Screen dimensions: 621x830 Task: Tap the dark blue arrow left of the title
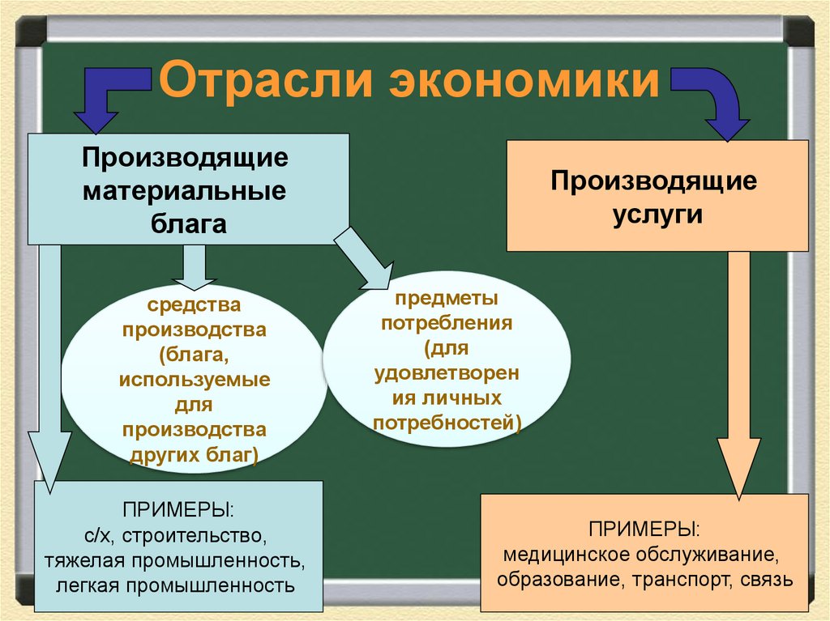pyautogui.click(x=109, y=96)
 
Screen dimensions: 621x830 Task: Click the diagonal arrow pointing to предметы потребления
pyautogui.click(x=366, y=260)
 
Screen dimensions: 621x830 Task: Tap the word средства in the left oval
pyautogui.click(x=194, y=307)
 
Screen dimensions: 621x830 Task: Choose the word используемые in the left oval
pyautogui.click(x=195, y=378)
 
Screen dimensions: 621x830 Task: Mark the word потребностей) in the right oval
pyautogui.click(x=447, y=422)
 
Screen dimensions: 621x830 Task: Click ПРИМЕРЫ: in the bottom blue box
pyautogui.click(x=179, y=512)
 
